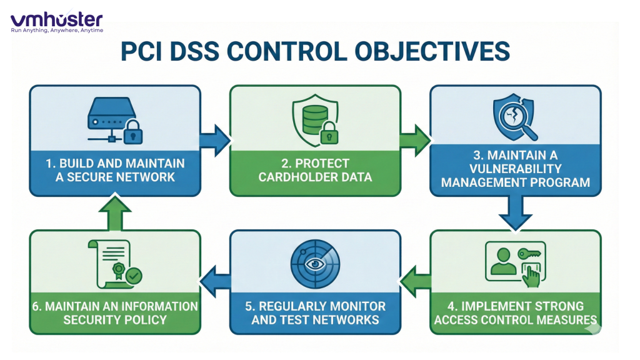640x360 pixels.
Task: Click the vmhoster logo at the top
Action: [56, 19]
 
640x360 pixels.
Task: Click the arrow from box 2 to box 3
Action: [415, 139]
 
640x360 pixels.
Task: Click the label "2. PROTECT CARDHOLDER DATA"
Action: [316, 171]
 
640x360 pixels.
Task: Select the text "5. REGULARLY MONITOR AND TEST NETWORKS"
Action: [316, 313]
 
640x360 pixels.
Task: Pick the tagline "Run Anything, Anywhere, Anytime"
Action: [56, 30]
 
